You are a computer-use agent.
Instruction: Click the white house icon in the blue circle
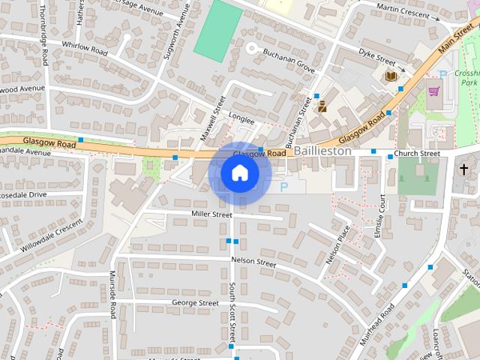[x=239, y=173]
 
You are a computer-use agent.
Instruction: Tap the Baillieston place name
[x=322, y=151]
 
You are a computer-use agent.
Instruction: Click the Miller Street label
[x=211, y=214]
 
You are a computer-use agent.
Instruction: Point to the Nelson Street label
[x=253, y=262]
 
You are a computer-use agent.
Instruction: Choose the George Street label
[x=195, y=303]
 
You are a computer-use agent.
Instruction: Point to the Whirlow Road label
[x=85, y=48]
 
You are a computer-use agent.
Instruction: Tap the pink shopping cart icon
[x=433, y=91]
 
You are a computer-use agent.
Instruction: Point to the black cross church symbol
[x=464, y=169]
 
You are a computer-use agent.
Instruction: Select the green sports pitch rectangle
[x=217, y=30]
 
